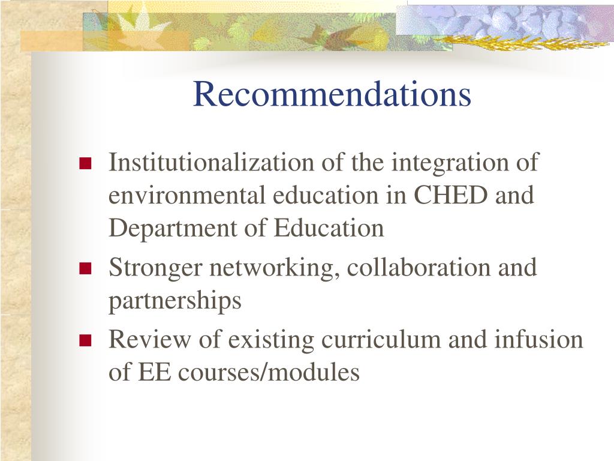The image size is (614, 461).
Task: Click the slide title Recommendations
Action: [332, 94]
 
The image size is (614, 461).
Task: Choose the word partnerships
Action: [174, 301]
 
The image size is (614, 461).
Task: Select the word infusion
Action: [538, 340]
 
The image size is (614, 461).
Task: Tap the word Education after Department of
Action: [329, 229]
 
